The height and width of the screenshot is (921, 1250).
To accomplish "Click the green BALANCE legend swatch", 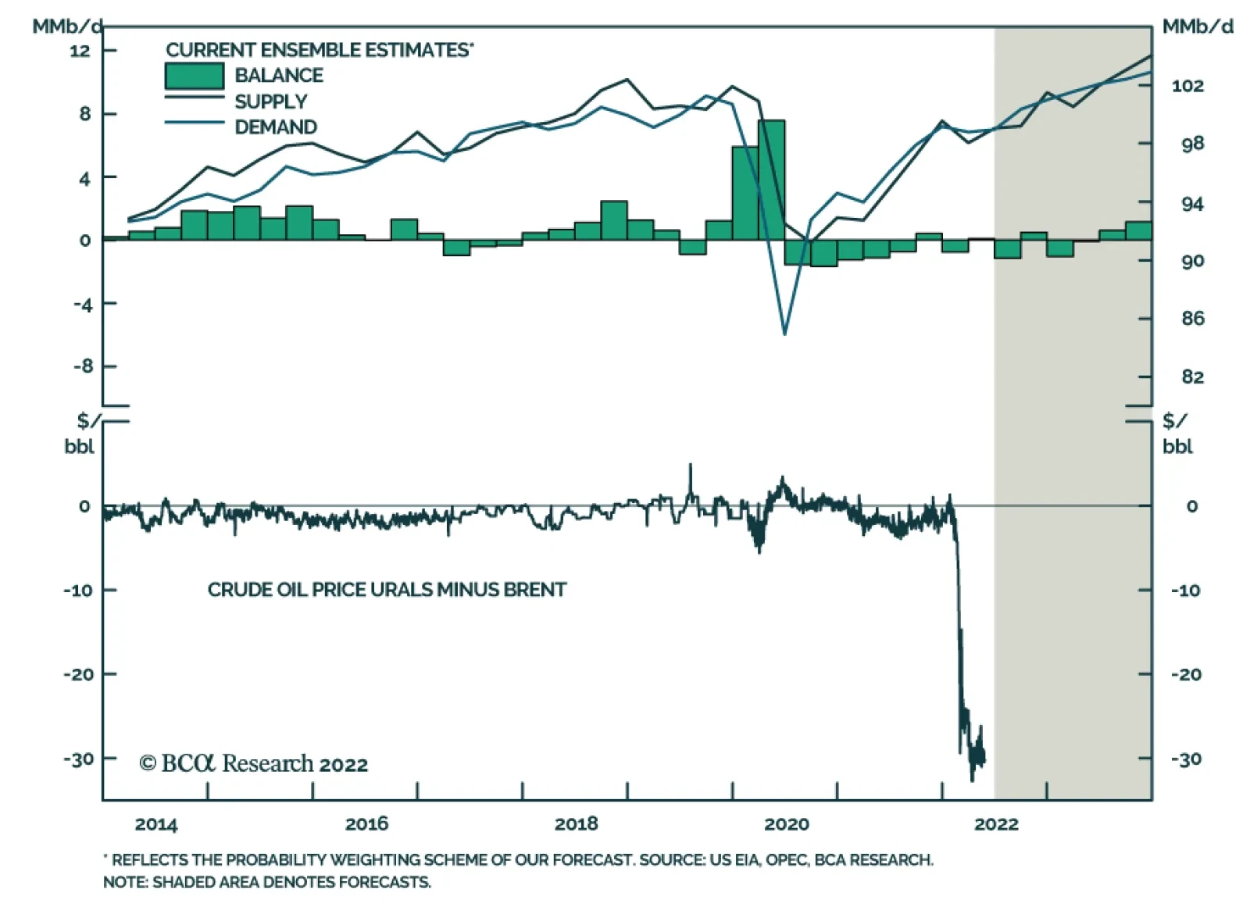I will tap(194, 76).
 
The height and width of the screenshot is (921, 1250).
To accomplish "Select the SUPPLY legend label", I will tap(270, 102).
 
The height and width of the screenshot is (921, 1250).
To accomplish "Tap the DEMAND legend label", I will tap(276, 127).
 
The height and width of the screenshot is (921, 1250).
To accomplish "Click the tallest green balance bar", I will tap(771, 180).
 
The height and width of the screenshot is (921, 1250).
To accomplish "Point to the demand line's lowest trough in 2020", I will tap(784, 334).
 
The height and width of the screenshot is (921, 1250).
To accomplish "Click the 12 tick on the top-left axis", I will tap(80, 51).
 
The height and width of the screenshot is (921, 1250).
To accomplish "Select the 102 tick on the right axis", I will tap(1187, 86).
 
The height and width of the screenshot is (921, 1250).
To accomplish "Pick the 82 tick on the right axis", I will tap(1192, 377).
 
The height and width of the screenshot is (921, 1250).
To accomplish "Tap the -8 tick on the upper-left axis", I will tap(83, 366).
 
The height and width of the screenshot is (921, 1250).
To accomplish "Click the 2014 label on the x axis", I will tap(156, 824).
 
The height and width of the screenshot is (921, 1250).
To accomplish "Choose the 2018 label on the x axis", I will tap(576, 824).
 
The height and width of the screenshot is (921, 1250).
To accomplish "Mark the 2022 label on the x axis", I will tap(996, 824).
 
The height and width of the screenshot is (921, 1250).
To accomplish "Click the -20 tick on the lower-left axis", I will tap(78, 674).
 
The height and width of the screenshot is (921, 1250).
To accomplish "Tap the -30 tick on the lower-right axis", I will tap(1186, 759).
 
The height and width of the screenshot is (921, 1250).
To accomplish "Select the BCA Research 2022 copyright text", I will tap(253, 763).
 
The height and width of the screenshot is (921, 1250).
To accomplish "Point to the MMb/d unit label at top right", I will tap(1198, 27).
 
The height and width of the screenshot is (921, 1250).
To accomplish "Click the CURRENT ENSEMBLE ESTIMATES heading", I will tap(319, 50).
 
